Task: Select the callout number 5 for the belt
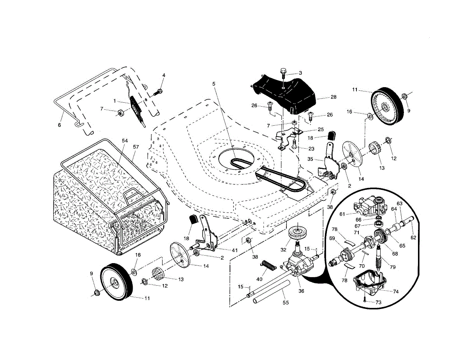click(x=214, y=84)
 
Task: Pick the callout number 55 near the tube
click(x=286, y=303)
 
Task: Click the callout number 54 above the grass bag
click(x=125, y=140)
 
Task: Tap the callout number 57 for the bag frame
click(x=136, y=147)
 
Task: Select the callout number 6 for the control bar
click(x=59, y=125)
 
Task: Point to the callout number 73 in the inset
click(x=378, y=302)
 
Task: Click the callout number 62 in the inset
click(x=413, y=237)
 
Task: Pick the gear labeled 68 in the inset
click(x=380, y=236)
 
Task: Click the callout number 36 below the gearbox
click(x=301, y=291)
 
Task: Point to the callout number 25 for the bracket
click(x=321, y=130)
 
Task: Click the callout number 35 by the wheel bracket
click(x=310, y=159)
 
